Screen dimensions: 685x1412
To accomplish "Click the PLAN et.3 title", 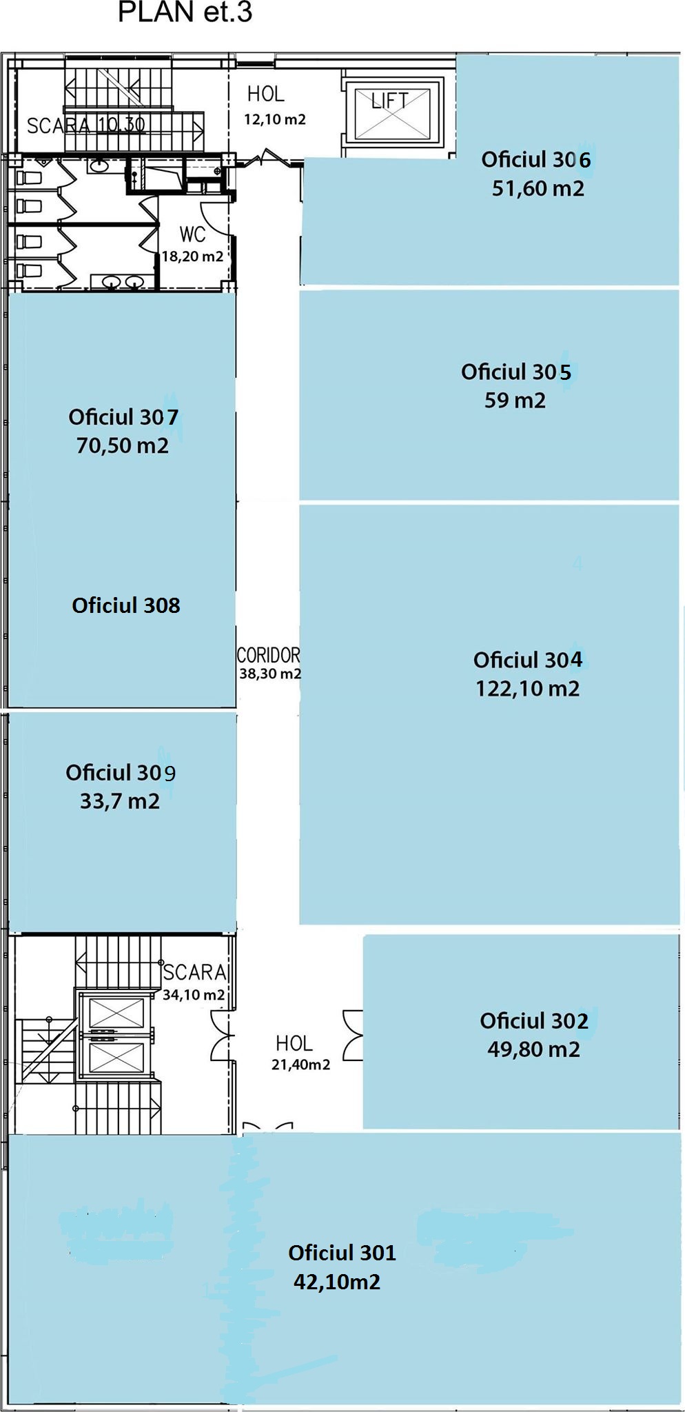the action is [x=185, y=12].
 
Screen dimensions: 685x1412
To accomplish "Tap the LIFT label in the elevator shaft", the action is [x=389, y=101].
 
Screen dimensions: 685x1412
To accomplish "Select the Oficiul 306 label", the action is [x=535, y=159].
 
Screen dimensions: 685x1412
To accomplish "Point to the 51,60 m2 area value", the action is [x=538, y=188].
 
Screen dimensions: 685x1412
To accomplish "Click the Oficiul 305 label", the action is [x=516, y=372].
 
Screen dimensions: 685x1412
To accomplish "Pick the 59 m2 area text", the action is [x=515, y=401].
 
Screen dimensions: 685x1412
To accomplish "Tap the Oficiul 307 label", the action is [x=123, y=416].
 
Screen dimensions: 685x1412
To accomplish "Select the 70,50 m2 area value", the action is [x=123, y=445].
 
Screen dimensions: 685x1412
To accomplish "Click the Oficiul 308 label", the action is [x=126, y=605].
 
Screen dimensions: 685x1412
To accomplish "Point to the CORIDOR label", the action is [x=268, y=655].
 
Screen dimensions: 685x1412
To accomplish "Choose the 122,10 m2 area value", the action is [x=527, y=689].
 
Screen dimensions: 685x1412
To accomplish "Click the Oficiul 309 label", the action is [x=121, y=772].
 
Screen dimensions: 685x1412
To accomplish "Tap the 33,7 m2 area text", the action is [x=120, y=801].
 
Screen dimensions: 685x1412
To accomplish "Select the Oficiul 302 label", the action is [x=534, y=1020].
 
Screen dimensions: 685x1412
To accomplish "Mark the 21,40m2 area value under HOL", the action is [x=300, y=1065].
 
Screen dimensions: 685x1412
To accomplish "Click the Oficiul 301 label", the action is [x=342, y=1252].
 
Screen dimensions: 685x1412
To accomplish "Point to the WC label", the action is [x=193, y=234].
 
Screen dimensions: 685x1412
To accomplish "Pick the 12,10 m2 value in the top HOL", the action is [x=275, y=119].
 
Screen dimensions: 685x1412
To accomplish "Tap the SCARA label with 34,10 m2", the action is [x=195, y=972].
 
